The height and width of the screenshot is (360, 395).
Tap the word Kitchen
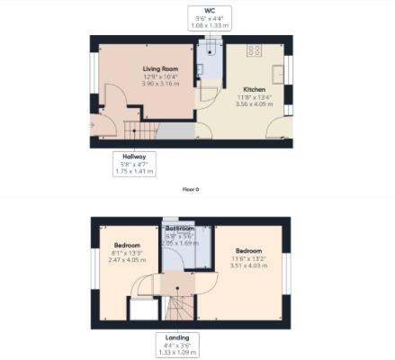click(253, 90)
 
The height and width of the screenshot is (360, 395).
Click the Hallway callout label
click(134, 163)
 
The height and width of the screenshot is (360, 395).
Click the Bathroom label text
click(180, 229)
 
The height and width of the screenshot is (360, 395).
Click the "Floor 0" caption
click(191, 189)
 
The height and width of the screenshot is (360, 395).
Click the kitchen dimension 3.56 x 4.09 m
click(253, 104)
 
